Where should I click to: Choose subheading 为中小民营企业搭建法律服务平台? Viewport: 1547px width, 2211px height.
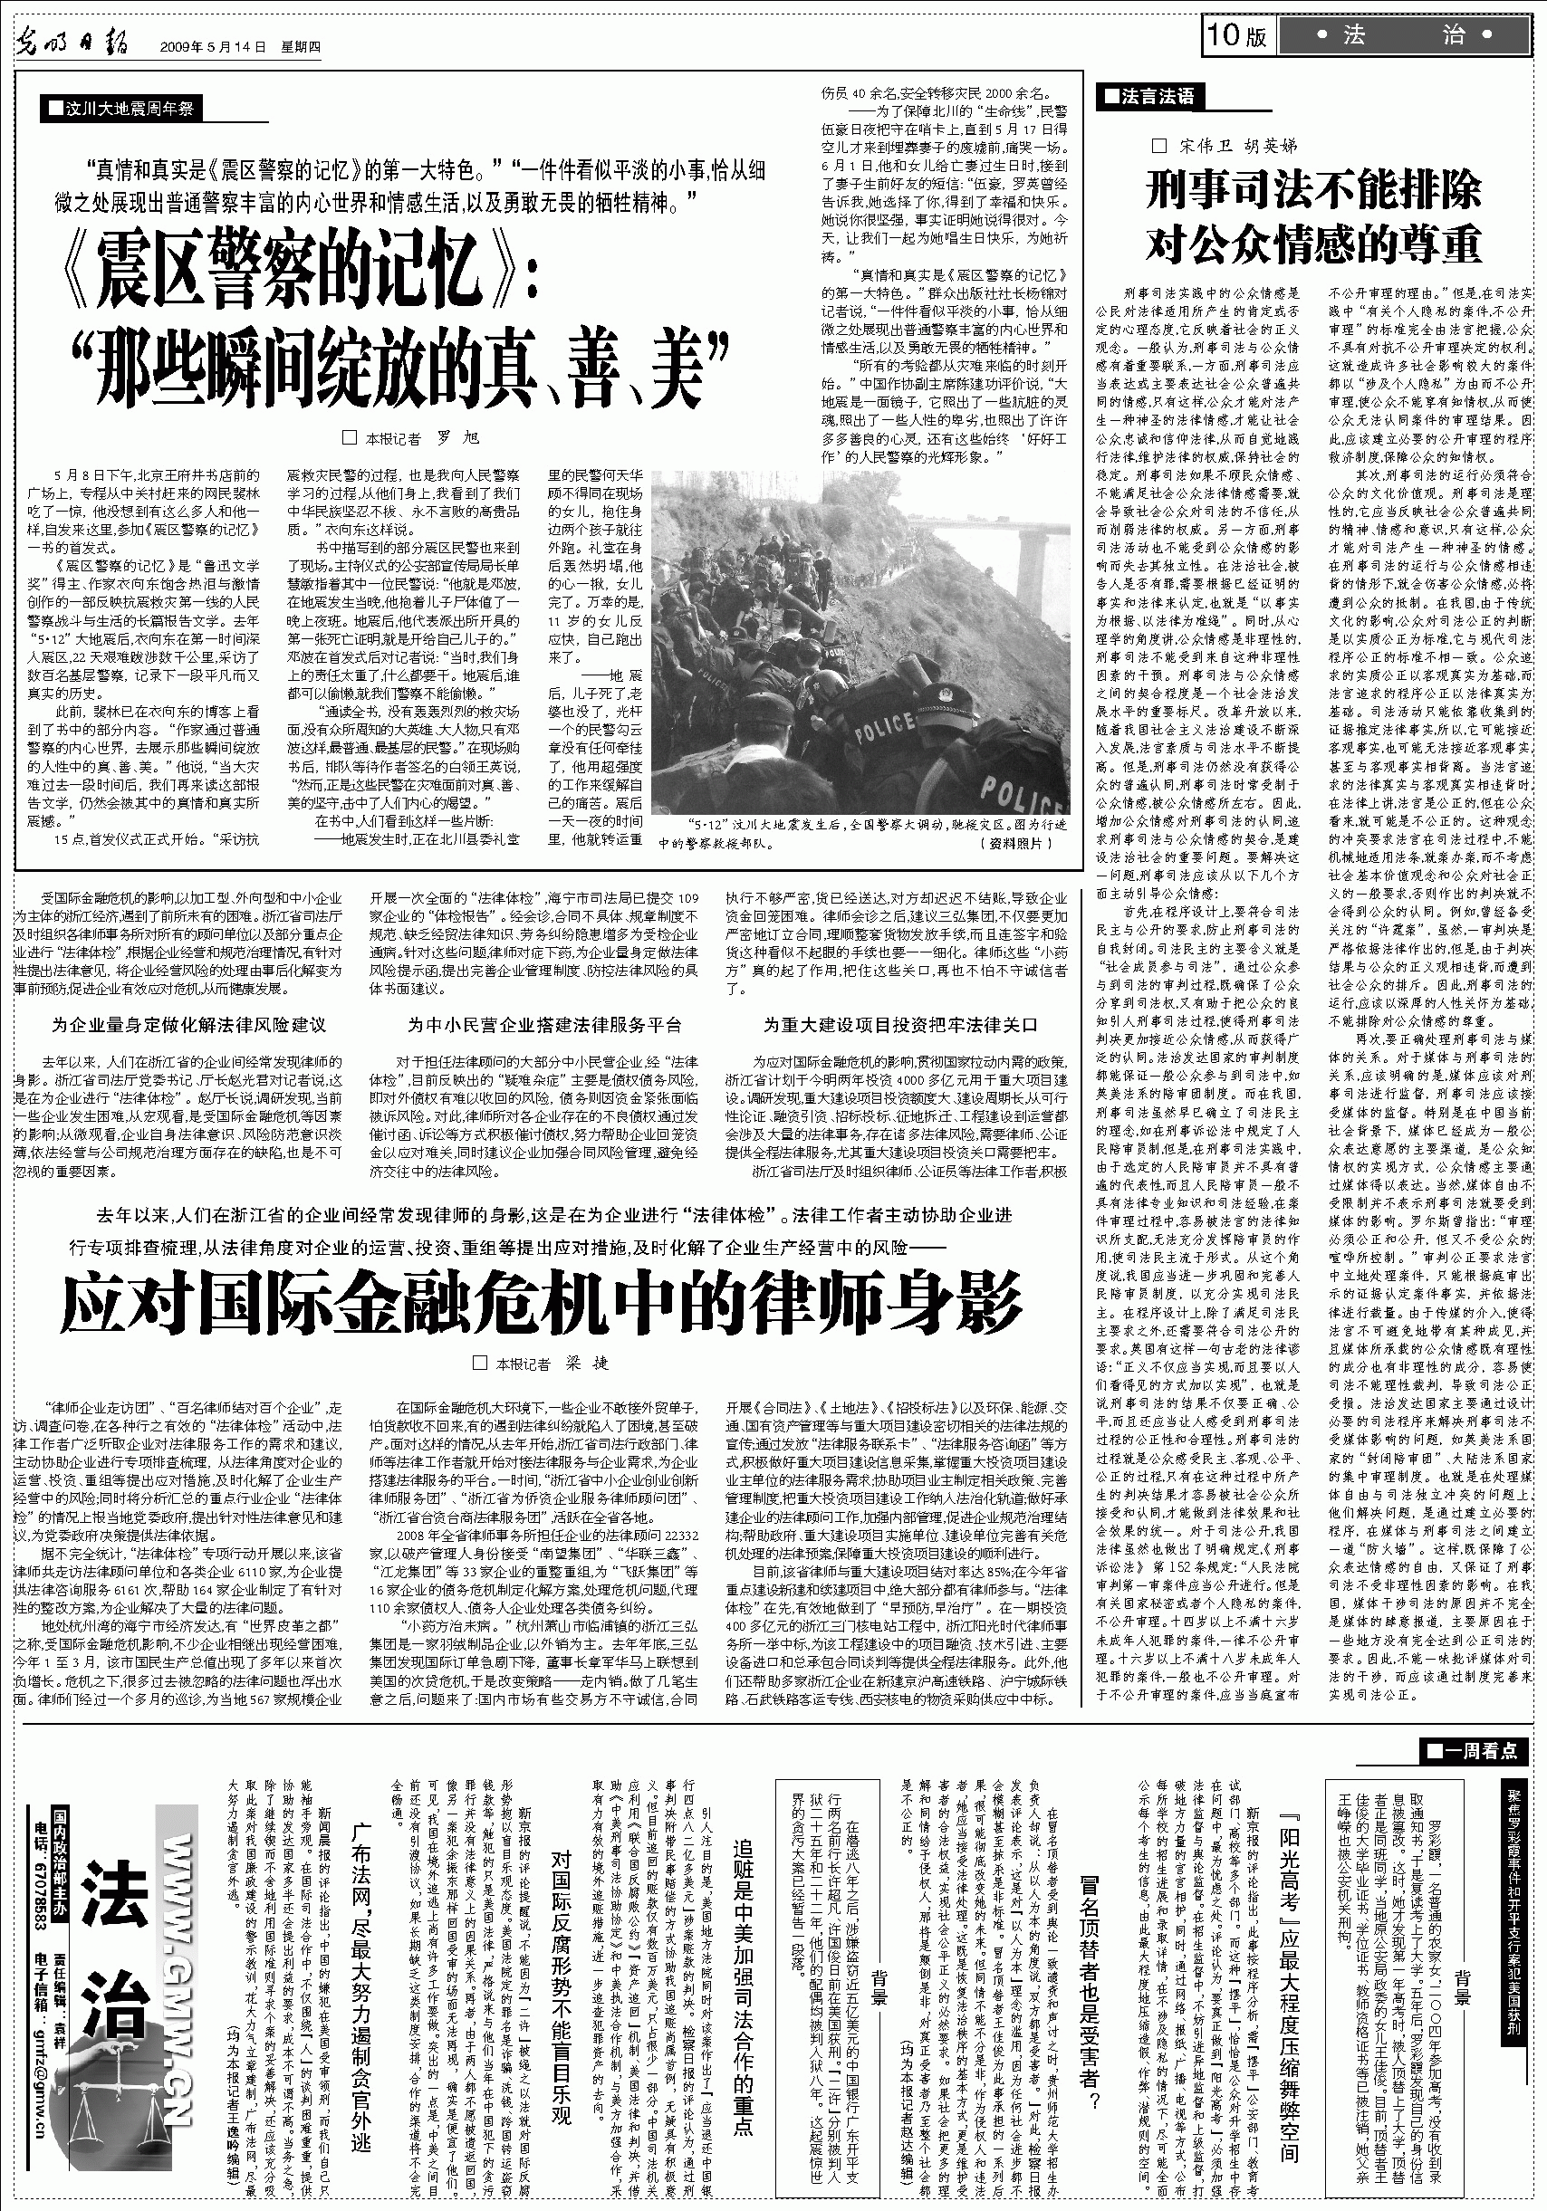tap(544, 1026)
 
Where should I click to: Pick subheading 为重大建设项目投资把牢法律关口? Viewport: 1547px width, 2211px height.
tap(900, 1026)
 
